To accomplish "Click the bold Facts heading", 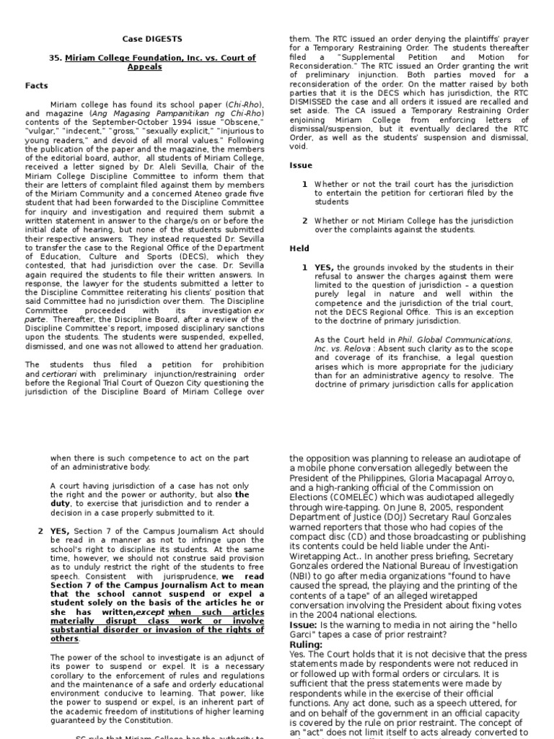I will click(37, 85).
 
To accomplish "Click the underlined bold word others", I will click(64, 638).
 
